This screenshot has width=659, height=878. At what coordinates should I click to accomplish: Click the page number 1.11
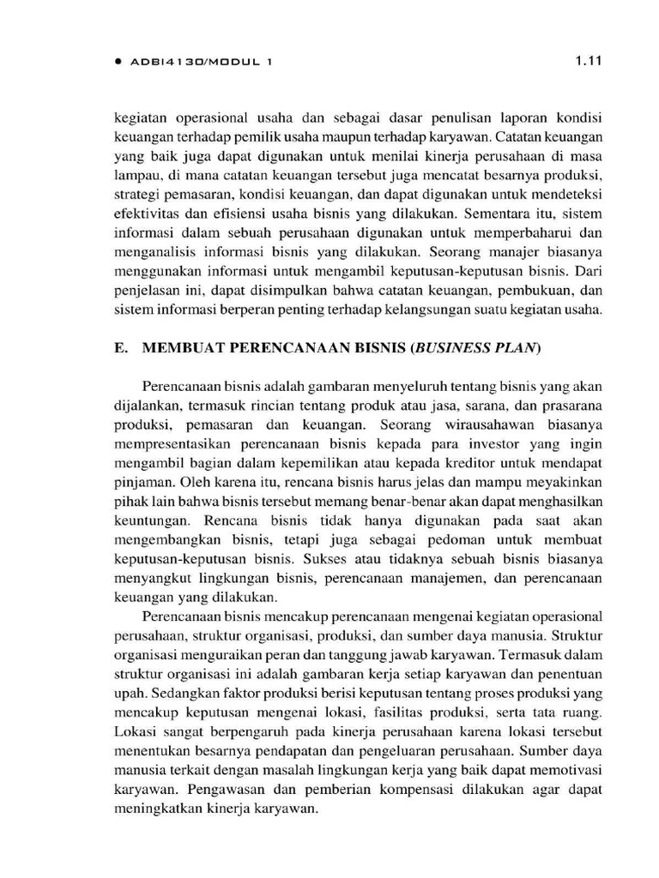(x=588, y=60)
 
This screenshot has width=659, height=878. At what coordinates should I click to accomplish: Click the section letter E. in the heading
(x=121, y=348)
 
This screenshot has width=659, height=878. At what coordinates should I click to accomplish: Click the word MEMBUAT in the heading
(x=175, y=348)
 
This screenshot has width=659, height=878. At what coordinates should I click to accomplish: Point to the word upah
(x=128, y=693)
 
